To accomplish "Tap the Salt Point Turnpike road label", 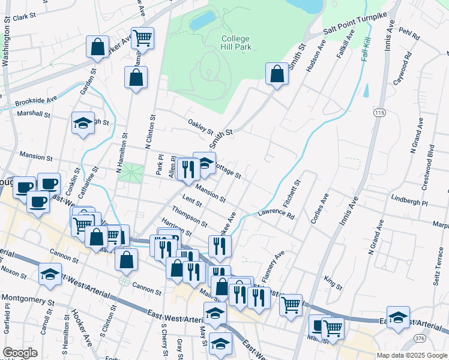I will coord(354,25).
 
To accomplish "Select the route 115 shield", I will coord(379,113).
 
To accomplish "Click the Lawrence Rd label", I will coord(277,214).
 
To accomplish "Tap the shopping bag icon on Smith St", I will coord(276,75).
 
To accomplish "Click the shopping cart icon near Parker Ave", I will coord(143,38).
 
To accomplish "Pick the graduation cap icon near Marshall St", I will coord(83,124).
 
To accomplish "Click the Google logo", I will coord(20,353).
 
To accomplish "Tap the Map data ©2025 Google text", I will coord(412,355).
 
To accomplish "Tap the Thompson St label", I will coord(189,217).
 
